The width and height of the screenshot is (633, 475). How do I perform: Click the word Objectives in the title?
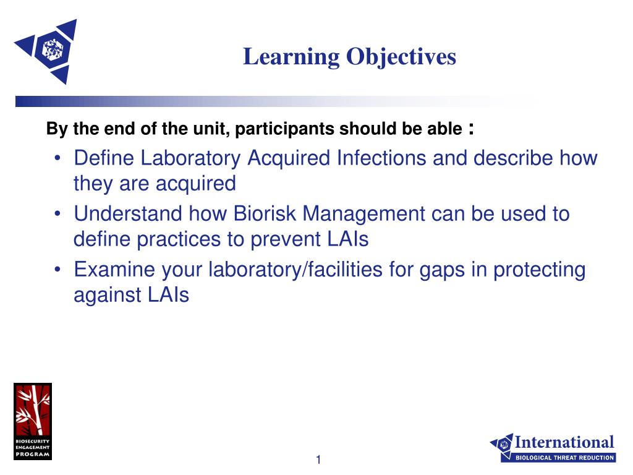click(401, 56)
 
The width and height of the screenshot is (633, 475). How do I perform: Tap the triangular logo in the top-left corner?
click(46, 51)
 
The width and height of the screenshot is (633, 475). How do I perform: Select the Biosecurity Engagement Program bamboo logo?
click(33, 421)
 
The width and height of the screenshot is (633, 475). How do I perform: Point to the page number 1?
click(318, 460)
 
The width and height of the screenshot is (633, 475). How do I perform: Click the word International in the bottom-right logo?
click(564, 442)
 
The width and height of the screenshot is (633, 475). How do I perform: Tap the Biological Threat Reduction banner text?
click(565, 458)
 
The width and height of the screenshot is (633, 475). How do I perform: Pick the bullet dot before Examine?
click(58, 270)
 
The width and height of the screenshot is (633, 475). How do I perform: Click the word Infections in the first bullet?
click(381, 158)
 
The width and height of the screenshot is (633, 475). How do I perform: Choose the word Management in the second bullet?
click(363, 214)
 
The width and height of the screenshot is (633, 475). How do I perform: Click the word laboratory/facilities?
click(295, 270)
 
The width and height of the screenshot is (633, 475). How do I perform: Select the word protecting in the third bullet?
click(539, 270)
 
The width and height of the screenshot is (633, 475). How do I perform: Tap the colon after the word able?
click(471, 129)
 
